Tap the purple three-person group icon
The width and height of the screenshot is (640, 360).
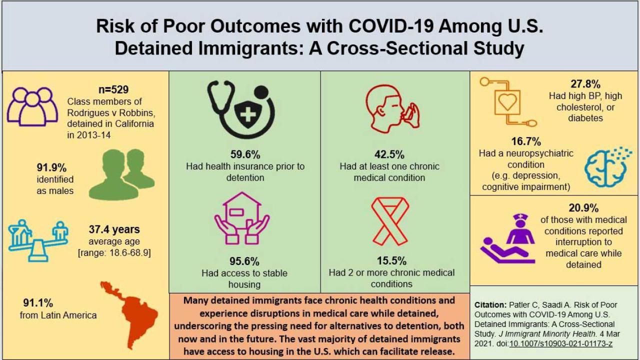pos(32,105)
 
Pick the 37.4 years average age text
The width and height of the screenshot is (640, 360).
pos(114,230)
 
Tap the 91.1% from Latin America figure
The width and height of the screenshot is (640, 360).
pos(38,303)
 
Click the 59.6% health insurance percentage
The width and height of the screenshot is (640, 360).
pos(245,154)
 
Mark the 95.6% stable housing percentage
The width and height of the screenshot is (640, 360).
pos(245,261)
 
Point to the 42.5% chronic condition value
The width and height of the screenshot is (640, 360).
pos(389,154)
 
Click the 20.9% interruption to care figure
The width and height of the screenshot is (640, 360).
pos(583,208)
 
